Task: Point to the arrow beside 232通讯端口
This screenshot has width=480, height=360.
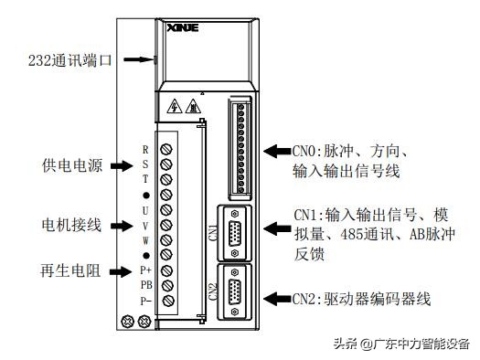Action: coord(136,60)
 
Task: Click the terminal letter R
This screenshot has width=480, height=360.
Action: coord(144,149)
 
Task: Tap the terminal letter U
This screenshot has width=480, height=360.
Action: coord(144,211)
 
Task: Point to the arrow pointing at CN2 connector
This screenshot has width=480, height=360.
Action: coord(277,299)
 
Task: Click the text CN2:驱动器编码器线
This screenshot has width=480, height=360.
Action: coord(361,299)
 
